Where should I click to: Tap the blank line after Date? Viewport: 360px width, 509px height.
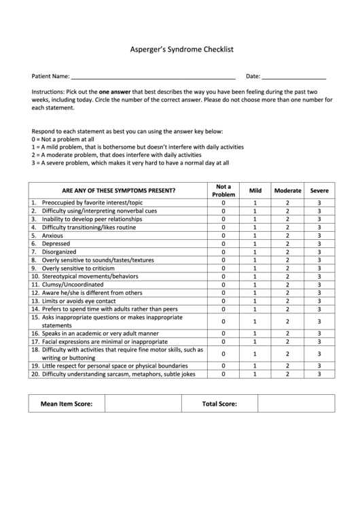pyautogui.click(x=293, y=77)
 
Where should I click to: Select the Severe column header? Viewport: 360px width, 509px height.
pyautogui.click(x=319, y=191)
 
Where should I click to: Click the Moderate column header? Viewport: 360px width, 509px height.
pyautogui.click(x=287, y=191)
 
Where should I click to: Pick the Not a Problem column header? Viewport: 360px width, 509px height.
pyautogui.click(x=223, y=190)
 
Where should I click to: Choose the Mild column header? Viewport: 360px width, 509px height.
pyautogui.click(x=255, y=191)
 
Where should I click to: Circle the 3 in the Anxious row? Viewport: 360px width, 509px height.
pyautogui.click(x=319, y=235)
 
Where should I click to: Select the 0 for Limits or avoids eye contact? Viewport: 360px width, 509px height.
pyautogui.click(x=223, y=301)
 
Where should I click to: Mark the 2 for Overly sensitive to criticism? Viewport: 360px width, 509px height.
pyautogui.click(x=287, y=268)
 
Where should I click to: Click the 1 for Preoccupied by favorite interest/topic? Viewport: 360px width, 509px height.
pyautogui.click(x=255, y=203)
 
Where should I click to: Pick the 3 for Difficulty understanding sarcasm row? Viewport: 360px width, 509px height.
pyautogui.click(x=319, y=373)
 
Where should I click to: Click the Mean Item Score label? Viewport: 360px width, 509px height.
pyautogui.click(x=67, y=404)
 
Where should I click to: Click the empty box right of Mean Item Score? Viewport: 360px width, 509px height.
pyautogui.click(x=143, y=404)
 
